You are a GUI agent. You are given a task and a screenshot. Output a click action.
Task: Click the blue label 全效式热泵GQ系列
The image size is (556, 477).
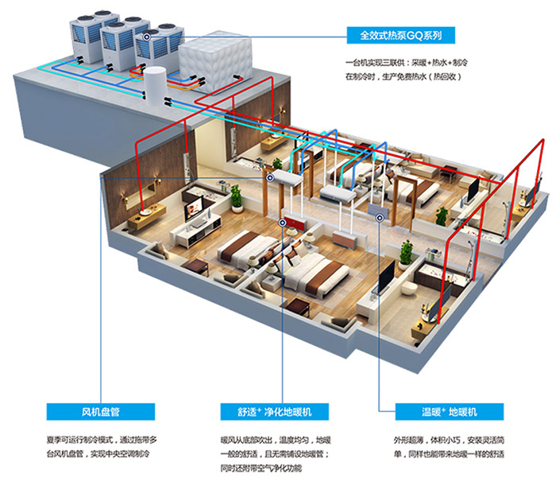(400, 35)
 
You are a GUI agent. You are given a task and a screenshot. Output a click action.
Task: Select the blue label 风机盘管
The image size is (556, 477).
(101, 412)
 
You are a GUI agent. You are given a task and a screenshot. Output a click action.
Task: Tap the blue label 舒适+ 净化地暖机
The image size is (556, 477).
(275, 412)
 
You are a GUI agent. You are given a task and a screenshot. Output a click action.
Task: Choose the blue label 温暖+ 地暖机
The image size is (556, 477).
(450, 412)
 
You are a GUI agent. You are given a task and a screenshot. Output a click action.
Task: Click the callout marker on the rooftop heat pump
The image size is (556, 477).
(147, 37)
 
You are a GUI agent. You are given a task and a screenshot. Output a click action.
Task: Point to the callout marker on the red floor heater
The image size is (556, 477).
(282, 223)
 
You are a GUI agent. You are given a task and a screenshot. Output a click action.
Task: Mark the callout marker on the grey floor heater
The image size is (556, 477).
(380, 217)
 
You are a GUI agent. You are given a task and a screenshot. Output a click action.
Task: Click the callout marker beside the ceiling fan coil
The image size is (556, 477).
(270, 177)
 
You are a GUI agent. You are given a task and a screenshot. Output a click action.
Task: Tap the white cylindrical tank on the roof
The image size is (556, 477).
(155, 85)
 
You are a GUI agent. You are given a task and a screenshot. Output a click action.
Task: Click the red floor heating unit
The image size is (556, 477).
(295, 223)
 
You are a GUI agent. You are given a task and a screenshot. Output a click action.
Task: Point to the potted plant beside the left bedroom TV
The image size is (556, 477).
(237, 198)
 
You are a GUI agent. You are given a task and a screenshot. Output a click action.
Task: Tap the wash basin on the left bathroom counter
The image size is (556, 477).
(145, 212)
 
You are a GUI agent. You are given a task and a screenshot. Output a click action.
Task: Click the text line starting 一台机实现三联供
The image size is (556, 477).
(407, 63)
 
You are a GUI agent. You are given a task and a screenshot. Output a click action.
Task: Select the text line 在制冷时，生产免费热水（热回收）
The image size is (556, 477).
(403, 76)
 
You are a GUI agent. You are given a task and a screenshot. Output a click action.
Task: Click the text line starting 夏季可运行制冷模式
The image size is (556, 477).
(102, 440)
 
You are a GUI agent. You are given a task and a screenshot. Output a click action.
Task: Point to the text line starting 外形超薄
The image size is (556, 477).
(449, 440)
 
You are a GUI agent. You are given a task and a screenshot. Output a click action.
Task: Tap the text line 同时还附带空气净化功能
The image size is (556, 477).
(261, 467)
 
